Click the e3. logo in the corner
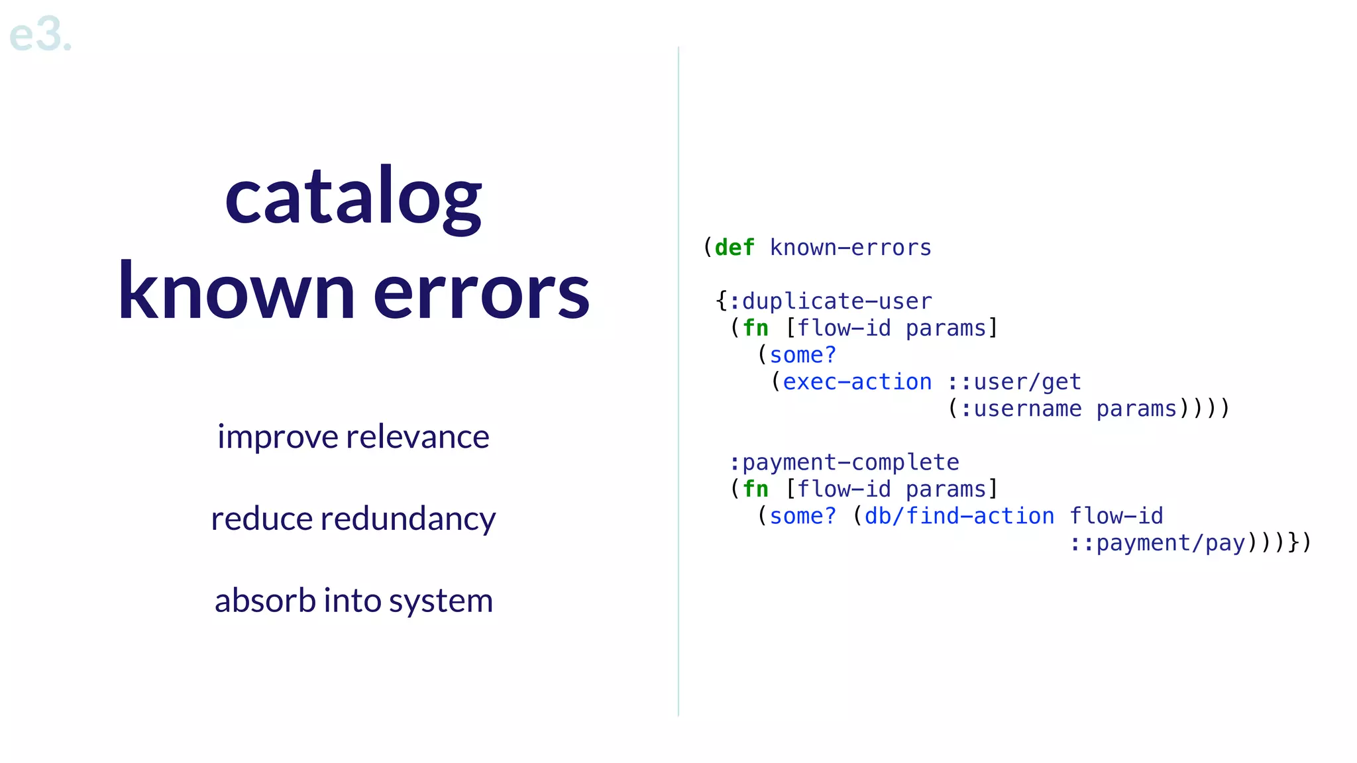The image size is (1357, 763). (x=40, y=34)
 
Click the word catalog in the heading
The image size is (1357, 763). (x=353, y=199)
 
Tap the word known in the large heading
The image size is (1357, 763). (x=236, y=291)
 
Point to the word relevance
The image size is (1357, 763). (x=417, y=437)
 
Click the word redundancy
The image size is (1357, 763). (x=407, y=519)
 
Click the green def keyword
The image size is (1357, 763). (x=734, y=248)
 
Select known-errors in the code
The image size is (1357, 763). (x=850, y=248)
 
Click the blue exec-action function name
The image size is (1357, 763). (x=857, y=382)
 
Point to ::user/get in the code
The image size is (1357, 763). (x=1014, y=382)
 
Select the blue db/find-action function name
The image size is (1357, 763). (x=959, y=516)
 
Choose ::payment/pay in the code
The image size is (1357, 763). (x=1157, y=543)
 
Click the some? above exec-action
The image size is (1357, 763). (x=802, y=355)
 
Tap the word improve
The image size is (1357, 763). (x=278, y=437)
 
